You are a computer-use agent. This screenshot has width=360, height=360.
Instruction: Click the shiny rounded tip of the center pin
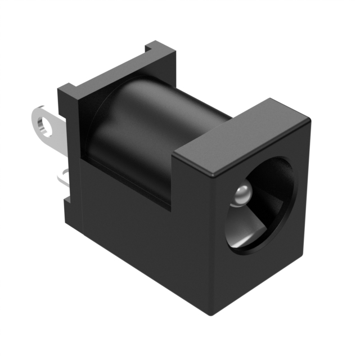(x=241, y=195)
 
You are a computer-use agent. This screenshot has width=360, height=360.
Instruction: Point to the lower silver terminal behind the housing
(x=63, y=178)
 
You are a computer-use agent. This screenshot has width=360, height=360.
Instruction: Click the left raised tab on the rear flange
(x=68, y=92)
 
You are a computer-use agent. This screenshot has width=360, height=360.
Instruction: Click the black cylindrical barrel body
(x=141, y=135)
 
